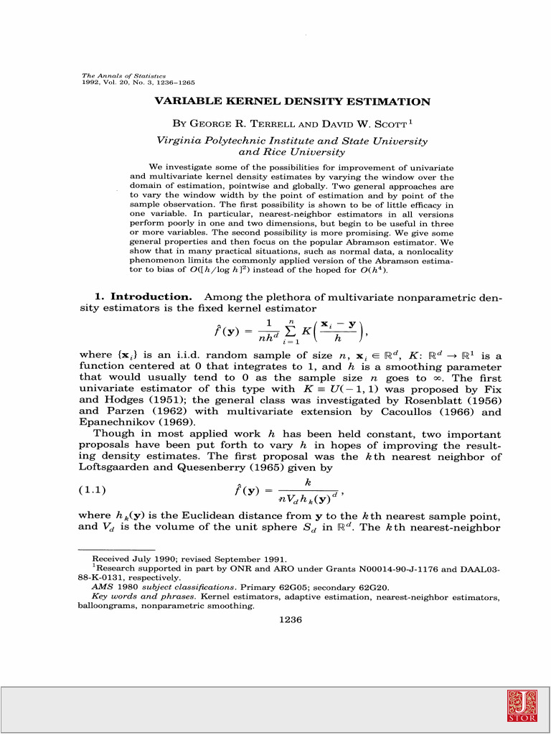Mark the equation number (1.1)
91,490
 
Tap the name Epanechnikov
114,423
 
